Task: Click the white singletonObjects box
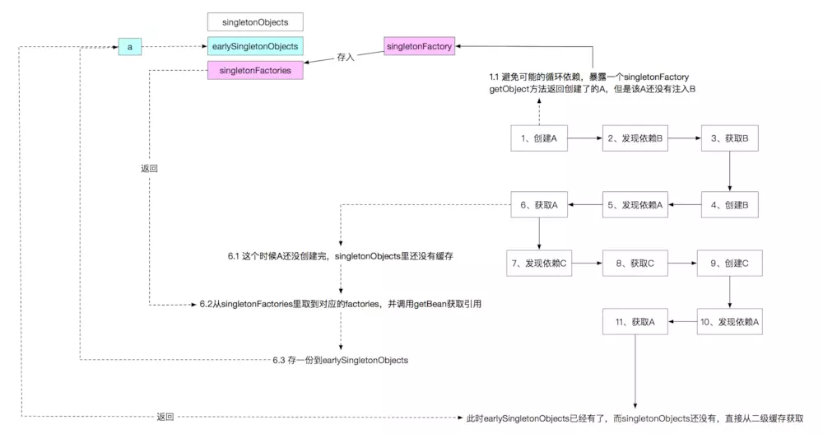(255, 22)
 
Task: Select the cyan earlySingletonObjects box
(255, 46)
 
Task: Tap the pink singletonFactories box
(255, 70)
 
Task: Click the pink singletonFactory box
(420, 46)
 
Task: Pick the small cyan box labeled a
(130, 47)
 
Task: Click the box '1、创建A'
(539, 138)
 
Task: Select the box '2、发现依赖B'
(635, 138)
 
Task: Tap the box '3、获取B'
(729, 138)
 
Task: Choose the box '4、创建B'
(729, 205)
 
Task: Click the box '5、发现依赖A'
(635, 205)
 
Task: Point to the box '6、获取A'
(539, 205)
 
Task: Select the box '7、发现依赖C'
(539, 264)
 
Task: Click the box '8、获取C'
(635, 264)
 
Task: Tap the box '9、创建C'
(729, 264)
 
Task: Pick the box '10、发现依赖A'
(729, 321)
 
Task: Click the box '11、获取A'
(635, 321)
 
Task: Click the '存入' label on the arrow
(346, 57)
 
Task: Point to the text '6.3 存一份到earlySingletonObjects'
(340, 360)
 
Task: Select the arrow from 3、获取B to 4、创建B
(729, 171)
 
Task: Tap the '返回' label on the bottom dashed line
(165, 417)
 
